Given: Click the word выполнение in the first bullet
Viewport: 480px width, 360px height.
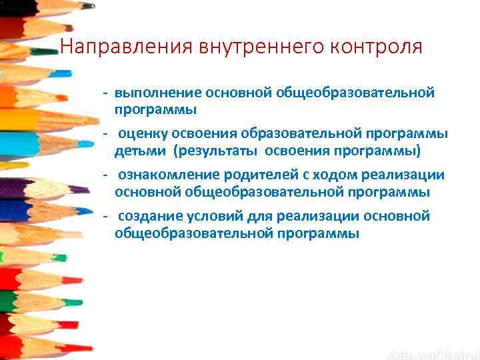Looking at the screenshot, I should pyautogui.click(x=158, y=93).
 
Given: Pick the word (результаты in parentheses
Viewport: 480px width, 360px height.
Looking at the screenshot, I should pyautogui.click(x=217, y=151).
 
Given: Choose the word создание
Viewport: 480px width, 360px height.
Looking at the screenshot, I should pyautogui.click(x=147, y=217).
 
